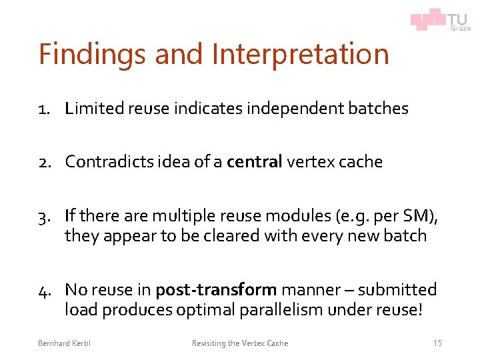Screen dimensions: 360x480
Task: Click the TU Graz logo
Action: click(x=441, y=20)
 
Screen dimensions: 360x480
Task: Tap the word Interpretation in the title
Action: click(x=300, y=54)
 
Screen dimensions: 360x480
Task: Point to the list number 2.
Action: click(x=45, y=162)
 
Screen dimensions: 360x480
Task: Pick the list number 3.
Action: click(x=45, y=216)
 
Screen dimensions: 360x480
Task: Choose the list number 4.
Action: click(x=45, y=290)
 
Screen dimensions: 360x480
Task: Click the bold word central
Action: click(x=255, y=162)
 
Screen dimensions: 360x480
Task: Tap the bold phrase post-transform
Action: click(x=215, y=290)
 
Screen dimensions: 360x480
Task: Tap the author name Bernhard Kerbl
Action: click(x=64, y=343)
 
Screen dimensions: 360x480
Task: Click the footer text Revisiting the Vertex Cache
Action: click(x=240, y=343)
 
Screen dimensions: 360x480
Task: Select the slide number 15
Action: click(x=437, y=343)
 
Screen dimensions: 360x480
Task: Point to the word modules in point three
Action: click(x=278, y=216)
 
